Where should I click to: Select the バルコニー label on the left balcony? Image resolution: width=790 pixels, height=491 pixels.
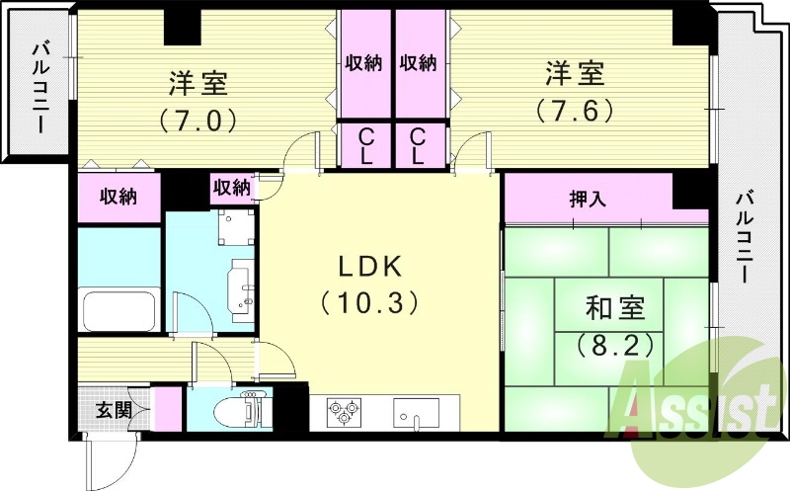41,88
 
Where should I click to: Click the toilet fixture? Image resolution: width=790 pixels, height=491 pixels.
242,408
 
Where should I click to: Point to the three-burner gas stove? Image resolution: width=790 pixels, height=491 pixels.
343,411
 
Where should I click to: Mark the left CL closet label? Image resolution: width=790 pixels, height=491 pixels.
363,145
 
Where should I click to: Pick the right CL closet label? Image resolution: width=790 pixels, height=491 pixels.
418,145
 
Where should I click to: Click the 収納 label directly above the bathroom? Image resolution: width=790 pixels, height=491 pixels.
118,196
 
